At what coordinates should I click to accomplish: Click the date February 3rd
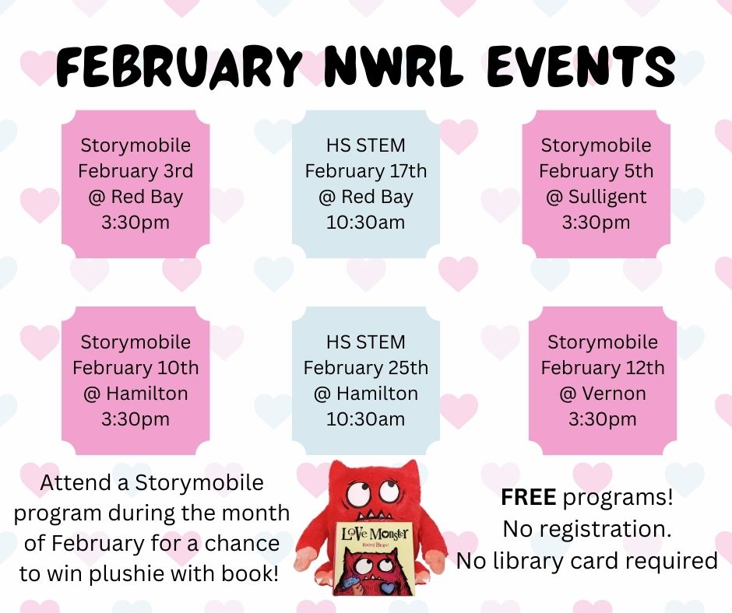135,171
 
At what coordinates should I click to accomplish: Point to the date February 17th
366,171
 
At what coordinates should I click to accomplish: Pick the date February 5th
597,171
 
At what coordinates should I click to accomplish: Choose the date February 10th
135,368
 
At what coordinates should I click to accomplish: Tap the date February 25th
366,368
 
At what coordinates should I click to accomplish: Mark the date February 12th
603,368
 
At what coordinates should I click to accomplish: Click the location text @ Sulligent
597,197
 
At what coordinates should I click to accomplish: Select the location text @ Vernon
603,394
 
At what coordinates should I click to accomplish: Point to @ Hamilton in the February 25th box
366,394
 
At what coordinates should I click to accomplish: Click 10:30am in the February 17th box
366,222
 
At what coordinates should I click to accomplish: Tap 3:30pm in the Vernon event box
603,419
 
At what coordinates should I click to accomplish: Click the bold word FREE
529,497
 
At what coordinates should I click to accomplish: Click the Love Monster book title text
375,533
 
